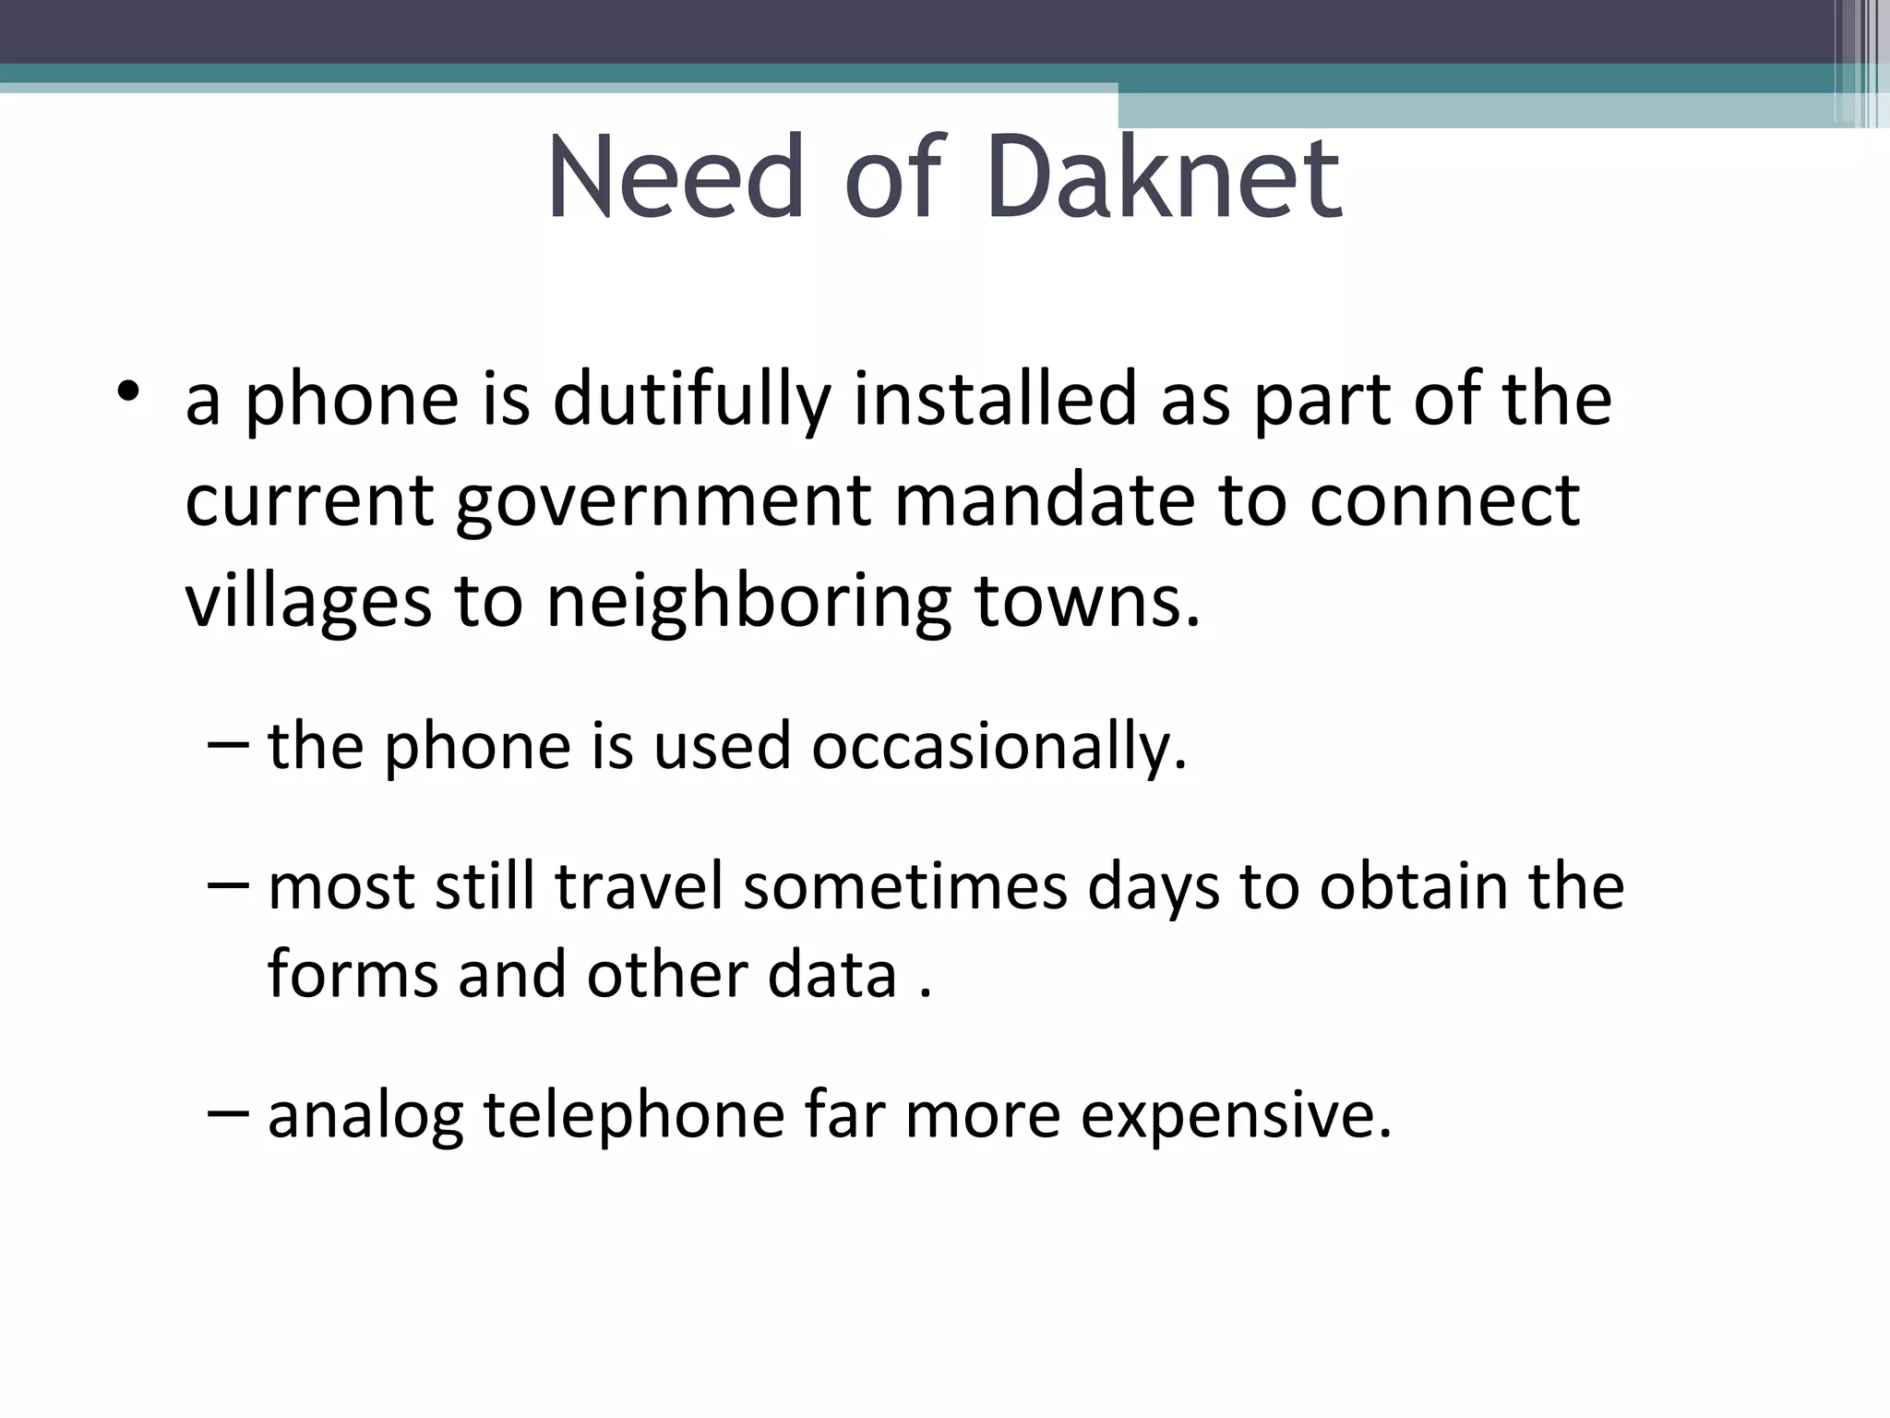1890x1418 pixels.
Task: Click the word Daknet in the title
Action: click(x=1163, y=177)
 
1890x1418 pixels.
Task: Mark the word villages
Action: click(x=308, y=603)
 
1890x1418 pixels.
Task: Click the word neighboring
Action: click(x=748, y=603)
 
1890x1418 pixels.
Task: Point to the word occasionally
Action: click(x=999, y=747)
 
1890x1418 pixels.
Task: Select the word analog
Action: click(x=365, y=1116)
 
